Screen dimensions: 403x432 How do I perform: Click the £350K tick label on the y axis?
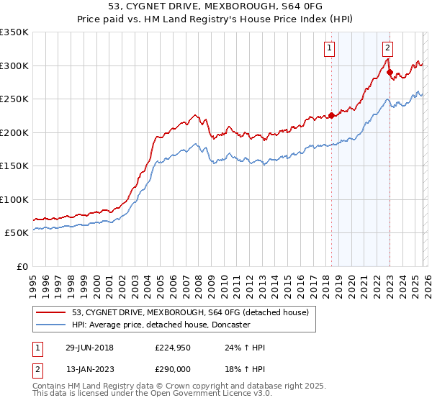[x=14, y=32]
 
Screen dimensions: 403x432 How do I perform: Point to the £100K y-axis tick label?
[x=14, y=199]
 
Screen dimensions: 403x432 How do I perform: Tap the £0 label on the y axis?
[x=23, y=266]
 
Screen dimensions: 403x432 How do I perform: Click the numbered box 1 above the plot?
[x=329, y=48]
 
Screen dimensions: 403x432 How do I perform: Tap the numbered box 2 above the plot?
[x=387, y=48]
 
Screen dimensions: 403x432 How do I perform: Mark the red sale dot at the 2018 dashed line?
[x=331, y=115]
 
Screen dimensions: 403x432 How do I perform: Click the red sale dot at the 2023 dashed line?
[x=390, y=72]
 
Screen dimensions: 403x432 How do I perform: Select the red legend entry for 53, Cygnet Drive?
[x=190, y=312]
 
